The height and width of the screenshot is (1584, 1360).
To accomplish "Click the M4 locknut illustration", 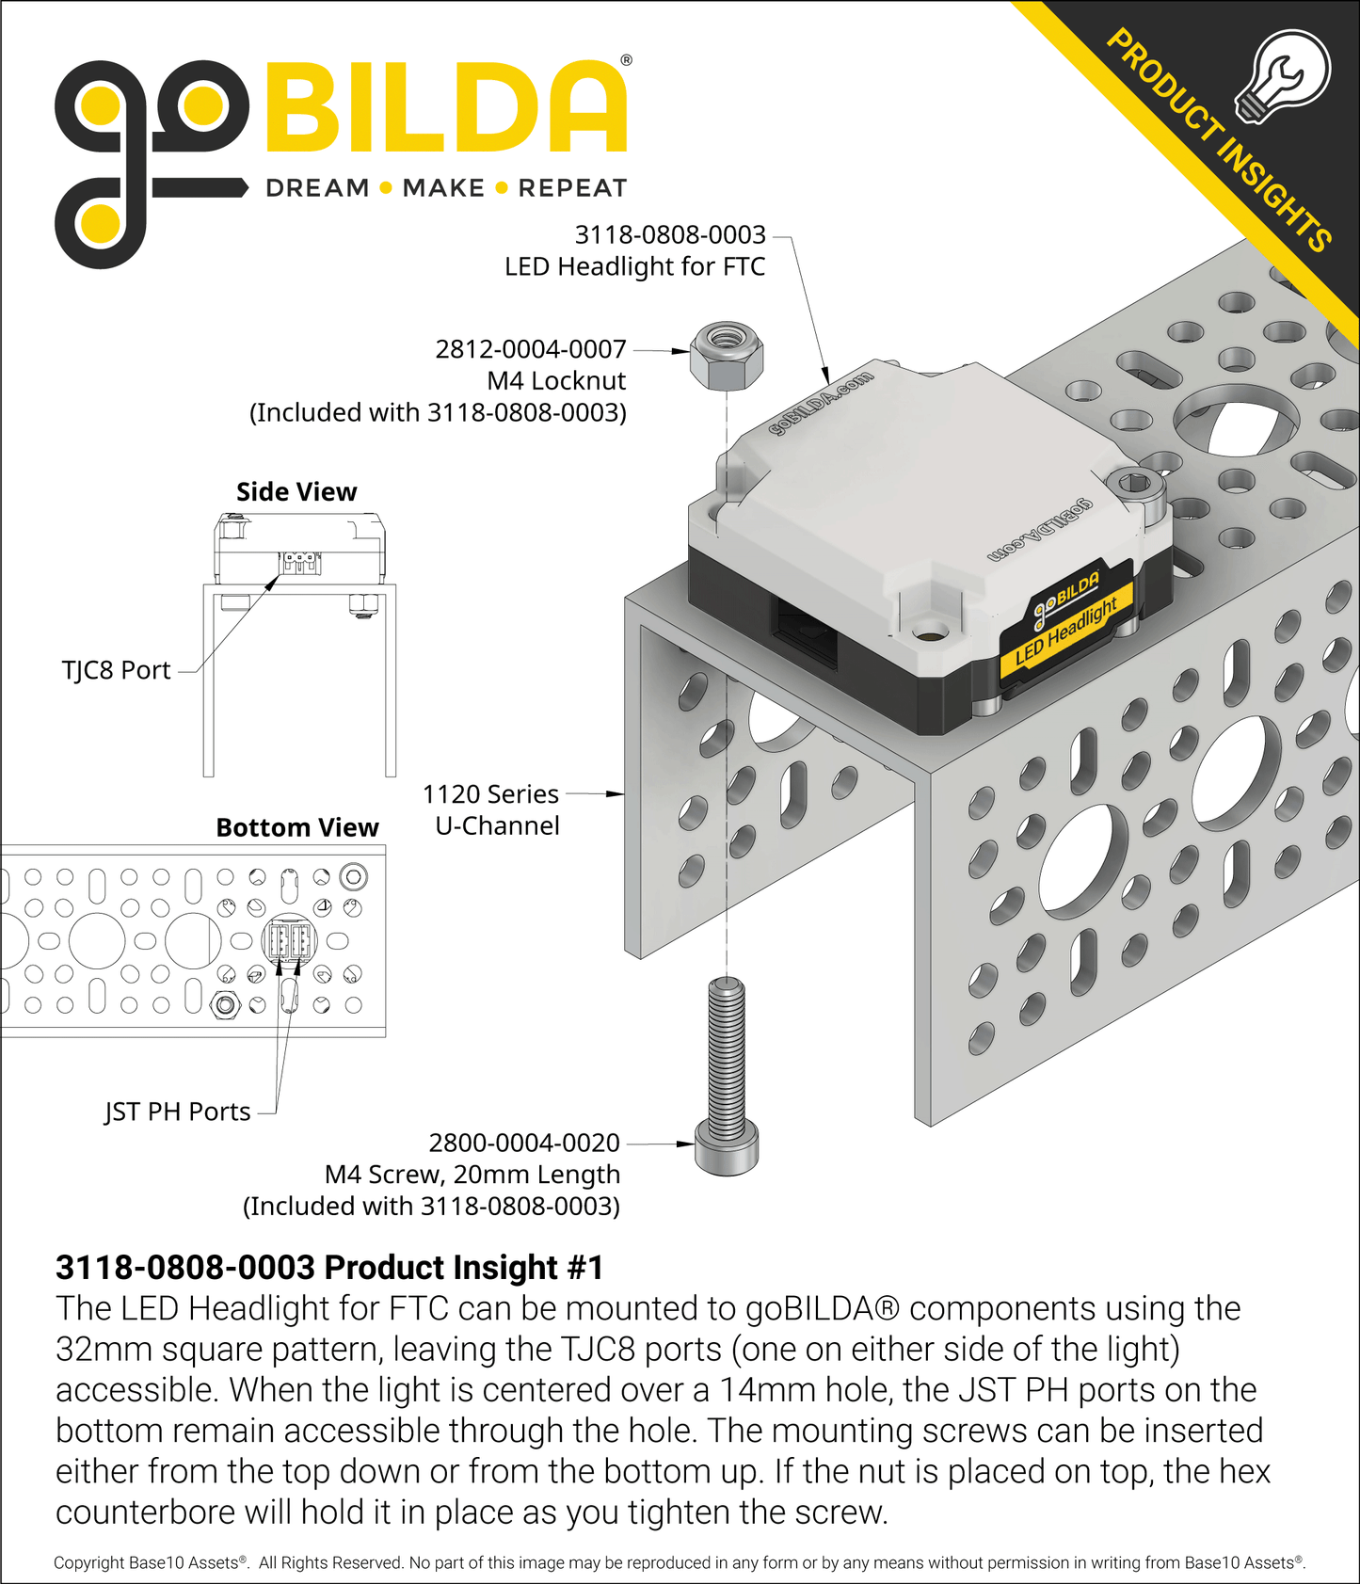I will click(x=726, y=357).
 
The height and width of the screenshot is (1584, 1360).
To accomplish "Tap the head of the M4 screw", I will click(x=726, y=1149).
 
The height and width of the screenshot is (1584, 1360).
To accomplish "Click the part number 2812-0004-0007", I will click(x=531, y=349).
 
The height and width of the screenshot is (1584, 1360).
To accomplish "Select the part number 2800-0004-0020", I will click(x=524, y=1143).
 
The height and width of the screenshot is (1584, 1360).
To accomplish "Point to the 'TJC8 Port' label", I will click(x=116, y=670).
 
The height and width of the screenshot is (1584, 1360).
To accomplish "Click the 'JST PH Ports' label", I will click(x=178, y=1112).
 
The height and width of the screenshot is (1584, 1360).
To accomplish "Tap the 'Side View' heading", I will click(x=296, y=492).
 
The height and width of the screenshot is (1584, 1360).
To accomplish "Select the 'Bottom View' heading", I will click(x=297, y=827).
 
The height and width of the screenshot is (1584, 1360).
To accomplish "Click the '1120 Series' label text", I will click(x=490, y=794).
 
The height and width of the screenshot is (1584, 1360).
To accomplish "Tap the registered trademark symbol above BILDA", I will click(x=626, y=61).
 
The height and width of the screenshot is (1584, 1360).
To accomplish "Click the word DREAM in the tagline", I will click(x=317, y=188).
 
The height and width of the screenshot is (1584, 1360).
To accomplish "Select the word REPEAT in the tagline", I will click(x=572, y=188).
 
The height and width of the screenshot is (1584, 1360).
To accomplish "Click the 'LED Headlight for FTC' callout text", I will click(x=634, y=267).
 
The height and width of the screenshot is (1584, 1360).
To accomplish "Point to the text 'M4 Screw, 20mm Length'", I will click(x=472, y=1175).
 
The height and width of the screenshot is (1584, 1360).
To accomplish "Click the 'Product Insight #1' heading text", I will click(x=329, y=1268).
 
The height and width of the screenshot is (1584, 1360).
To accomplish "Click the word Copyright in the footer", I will click(x=88, y=1562).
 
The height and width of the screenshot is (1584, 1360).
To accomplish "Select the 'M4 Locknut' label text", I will click(x=556, y=381).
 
